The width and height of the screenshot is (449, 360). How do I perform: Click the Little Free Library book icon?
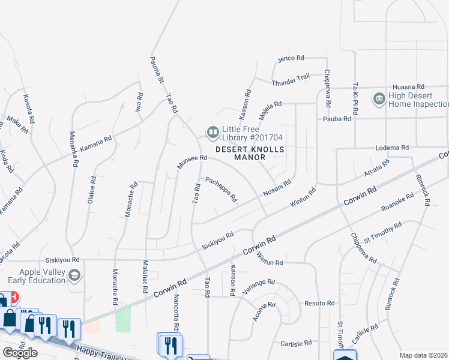(x=212, y=132)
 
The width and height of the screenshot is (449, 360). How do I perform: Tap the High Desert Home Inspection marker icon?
(x=379, y=98)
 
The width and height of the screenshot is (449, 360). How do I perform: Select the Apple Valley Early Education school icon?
(x=74, y=275)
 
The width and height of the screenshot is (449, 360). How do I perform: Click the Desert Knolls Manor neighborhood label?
(x=249, y=153)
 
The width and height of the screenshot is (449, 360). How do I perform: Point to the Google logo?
(x=20, y=353)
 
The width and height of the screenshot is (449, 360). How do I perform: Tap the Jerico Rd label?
(x=291, y=58)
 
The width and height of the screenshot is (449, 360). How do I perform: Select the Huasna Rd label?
(x=408, y=86)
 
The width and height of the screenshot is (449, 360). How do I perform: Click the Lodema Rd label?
(x=392, y=147)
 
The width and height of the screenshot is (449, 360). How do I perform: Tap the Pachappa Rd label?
(x=221, y=188)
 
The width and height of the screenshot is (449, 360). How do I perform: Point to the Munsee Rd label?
(x=191, y=162)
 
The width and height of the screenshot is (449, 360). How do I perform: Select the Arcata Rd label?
(x=377, y=168)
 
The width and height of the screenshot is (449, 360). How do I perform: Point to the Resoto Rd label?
(x=319, y=304)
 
